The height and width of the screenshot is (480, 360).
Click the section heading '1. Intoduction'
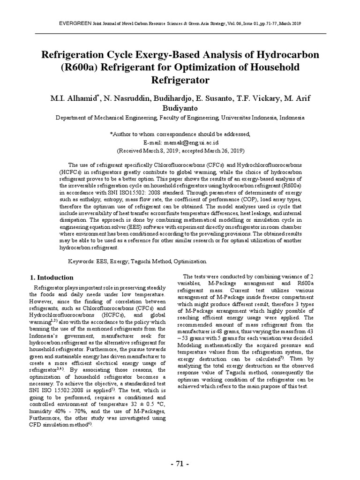click(52, 277)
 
